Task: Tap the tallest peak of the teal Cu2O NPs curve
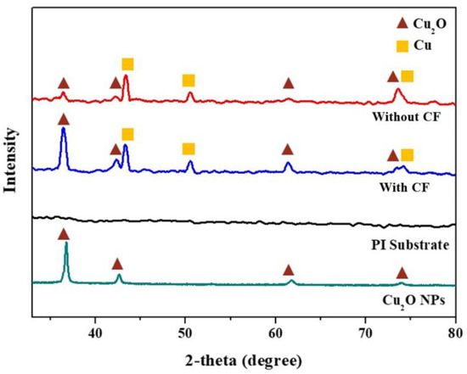[x=66, y=244]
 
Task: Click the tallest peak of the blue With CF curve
[x=64, y=131]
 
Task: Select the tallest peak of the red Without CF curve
[x=126, y=76]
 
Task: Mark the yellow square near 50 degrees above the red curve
[x=188, y=81]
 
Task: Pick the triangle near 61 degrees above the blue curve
[x=288, y=149]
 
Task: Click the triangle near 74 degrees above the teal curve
[x=402, y=272]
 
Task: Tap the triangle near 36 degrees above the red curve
[x=63, y=83]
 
